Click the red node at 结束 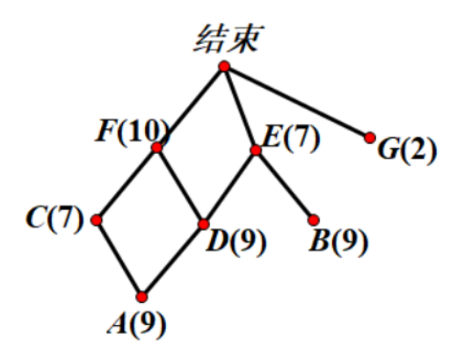224,67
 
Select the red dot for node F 156,148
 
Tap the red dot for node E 256,150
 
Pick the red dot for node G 370,138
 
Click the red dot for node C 97,220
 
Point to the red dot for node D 203,224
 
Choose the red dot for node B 314,220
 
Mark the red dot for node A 141,297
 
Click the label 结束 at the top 228,39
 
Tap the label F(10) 133,132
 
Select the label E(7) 291,138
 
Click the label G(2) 407,150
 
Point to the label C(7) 54,219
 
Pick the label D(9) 236,242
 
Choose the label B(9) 338,242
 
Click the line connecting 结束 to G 297,102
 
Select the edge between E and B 285,185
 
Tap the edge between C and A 120,259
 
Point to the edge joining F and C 127,184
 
